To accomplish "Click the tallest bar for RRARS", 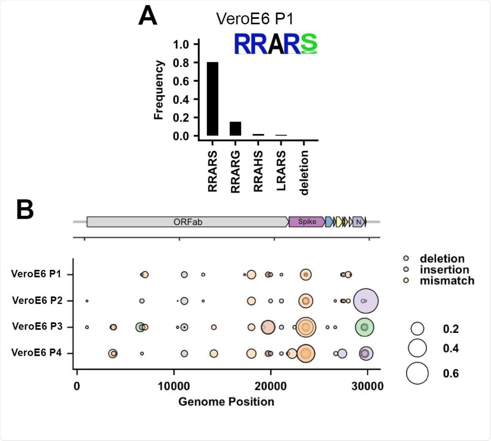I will pyautogui.click(x=212, y=99).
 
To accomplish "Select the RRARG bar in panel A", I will pyautogui.click(x=235, y=129).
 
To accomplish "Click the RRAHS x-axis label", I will pyautogui.click(x=258, y=171).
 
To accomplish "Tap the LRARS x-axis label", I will pyautogui.click(x=281, y=171).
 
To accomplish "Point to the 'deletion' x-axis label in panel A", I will pyautogui.click(x=304, y=172).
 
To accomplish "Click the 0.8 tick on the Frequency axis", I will pyautogui.click(x=181, y=63).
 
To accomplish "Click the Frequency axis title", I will pyautogui.click(x=159, y=90).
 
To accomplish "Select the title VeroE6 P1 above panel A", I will pyautogui.click(x=255, y=19).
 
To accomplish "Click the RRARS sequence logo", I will pyautogui.click(x=275, y=44).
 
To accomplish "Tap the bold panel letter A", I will pyautogui.click(x=148, y=17).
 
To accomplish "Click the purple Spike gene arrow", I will pyautogui.click(x=306, y=222).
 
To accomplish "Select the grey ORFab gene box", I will pyautogui.click(x=187, y=222).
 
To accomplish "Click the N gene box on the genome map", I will pyautogui.click(x=358, y=222).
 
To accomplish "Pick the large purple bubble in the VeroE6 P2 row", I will pyautogui.click(x=366, y=301).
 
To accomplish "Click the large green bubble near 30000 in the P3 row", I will pyautogui.click(x=365, y=327).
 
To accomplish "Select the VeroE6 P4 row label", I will pyautogui.click(x=36, y=353).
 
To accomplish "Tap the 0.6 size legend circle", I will pyautogui.click(x=417, y=373).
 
